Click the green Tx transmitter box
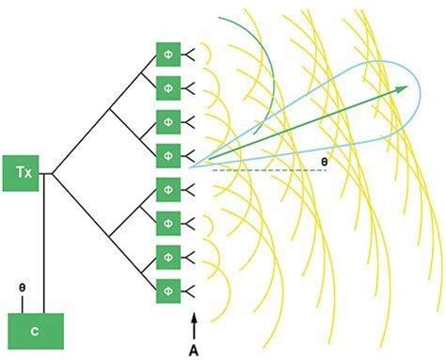[24, 173]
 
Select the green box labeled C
[35, 331]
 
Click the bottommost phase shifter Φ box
[167, 286]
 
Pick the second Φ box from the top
[167, 88]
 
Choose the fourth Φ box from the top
[167, 154]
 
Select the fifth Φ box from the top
[167, 187]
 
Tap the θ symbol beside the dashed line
[324, 162]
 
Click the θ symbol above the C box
[23, 283]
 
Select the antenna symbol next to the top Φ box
[190, 55]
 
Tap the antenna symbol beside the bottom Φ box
[190, 286]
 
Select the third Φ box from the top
[167, 121]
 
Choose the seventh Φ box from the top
[167, 253]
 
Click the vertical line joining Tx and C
[42, 244]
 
